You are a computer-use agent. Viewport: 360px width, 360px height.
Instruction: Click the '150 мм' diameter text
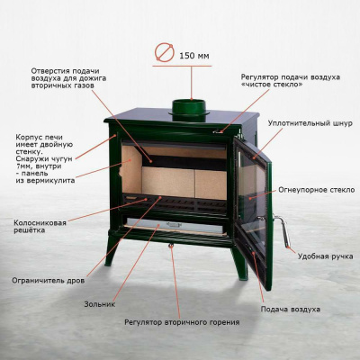pos(193,56)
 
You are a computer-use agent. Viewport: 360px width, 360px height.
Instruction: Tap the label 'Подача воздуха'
pos(291,309)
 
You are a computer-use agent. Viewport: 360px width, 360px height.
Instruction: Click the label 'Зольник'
pos(101,303)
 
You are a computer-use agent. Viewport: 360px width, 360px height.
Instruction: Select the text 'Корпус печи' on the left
pos(36,138)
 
